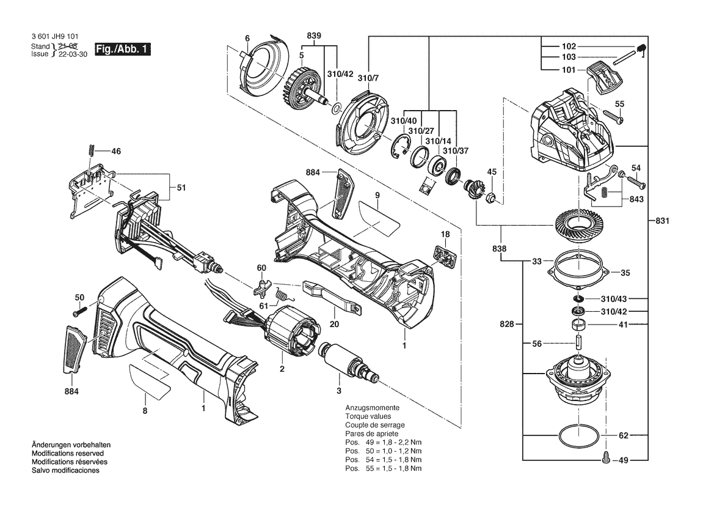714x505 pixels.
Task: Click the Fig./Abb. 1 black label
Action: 123,49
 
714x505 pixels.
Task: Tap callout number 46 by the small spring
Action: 116,151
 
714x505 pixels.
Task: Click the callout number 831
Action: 662,221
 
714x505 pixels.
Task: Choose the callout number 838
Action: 500,249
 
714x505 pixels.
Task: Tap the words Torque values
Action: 368,416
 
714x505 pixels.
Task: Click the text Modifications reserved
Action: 67,454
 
